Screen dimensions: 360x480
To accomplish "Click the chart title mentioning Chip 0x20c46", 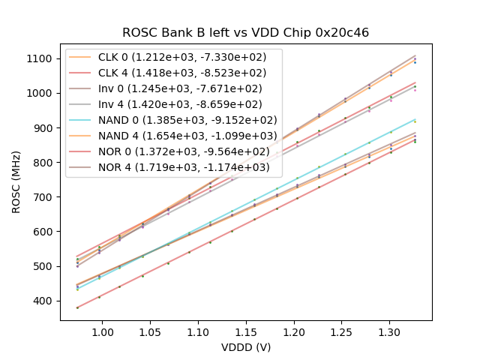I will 246,32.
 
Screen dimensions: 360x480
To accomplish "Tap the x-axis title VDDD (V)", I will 246,347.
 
